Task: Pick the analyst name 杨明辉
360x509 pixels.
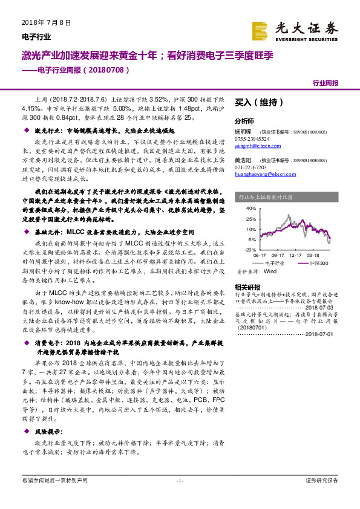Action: click(x=243, y=131)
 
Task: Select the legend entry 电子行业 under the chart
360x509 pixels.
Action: click(x=275, y=264)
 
